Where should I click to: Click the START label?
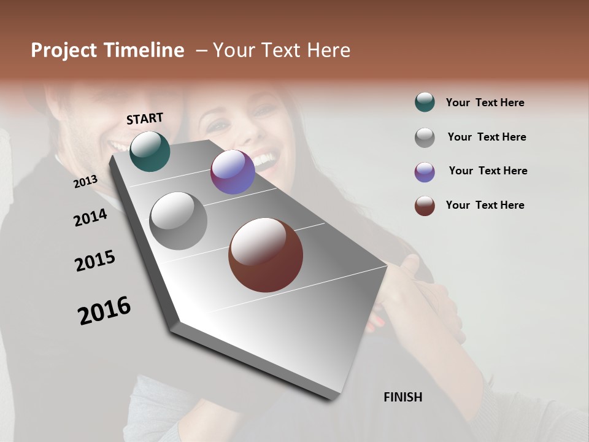coord(145,118)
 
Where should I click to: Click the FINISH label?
coord(402,397)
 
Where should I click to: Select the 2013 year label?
coord(85,181)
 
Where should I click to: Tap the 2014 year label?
coord(90,217)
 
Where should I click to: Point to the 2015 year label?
coord(95,261)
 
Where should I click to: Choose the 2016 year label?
coord(104,310)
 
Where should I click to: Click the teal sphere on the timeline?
coord(150,151)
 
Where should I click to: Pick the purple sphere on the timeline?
coord(233,172)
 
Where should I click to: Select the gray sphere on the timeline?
coord(179,221)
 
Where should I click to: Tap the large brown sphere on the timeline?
coord(266,255)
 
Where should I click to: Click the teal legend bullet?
coord(425,102)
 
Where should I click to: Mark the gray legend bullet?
coord(425,138)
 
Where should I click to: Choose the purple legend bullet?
coord(425,172)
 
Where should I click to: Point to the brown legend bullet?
coord(425,206)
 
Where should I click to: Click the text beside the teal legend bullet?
coord(485,103)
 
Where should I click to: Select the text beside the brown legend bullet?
coord(485,205)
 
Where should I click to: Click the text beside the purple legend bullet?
coord(488,171)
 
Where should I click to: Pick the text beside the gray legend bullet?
coord(487,137)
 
